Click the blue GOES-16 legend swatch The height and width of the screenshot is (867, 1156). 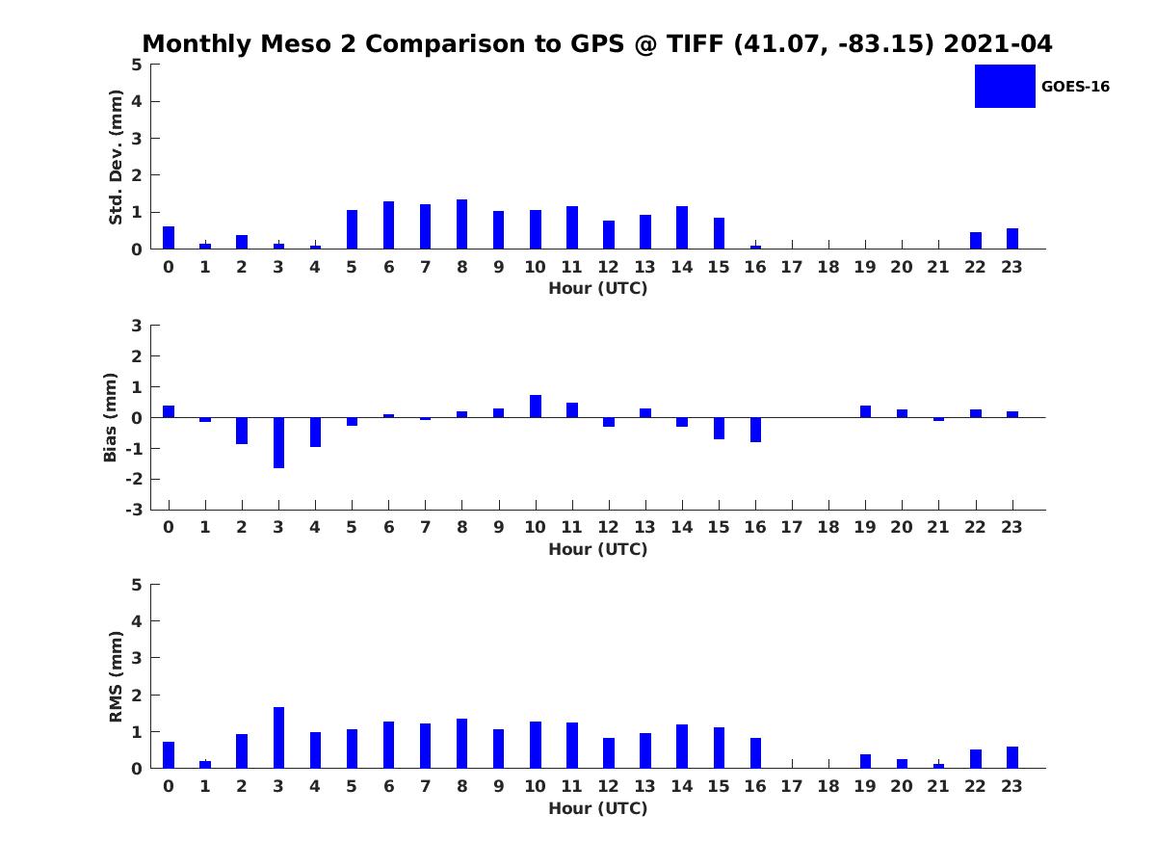[1005, 86]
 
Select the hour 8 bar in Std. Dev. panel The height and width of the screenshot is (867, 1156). [461, 224]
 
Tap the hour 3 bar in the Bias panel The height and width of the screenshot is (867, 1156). [278, 443]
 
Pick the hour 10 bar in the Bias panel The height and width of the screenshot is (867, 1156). [536, 407]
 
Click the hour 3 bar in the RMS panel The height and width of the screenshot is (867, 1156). [278, 738]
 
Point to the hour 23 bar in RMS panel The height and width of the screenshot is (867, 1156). [1012, 757]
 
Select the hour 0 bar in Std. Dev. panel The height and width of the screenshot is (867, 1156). [169, 238]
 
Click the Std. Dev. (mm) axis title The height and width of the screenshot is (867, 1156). [117, 157]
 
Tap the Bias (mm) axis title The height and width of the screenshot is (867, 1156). [111, 417]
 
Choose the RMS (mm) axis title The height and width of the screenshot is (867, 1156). [117, 676]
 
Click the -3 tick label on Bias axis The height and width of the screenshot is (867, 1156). [136, 510]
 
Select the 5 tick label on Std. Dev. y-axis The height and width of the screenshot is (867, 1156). [138, 65]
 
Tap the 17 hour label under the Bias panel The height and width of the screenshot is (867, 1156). [792, 527]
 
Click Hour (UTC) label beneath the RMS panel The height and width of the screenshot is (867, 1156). [598, 809]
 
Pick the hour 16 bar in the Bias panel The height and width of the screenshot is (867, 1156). [755, 430]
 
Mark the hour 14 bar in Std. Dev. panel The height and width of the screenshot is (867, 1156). [682, 227]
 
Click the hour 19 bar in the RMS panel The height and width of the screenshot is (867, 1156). [865, 761]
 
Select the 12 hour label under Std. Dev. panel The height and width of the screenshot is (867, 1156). [608, 268]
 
